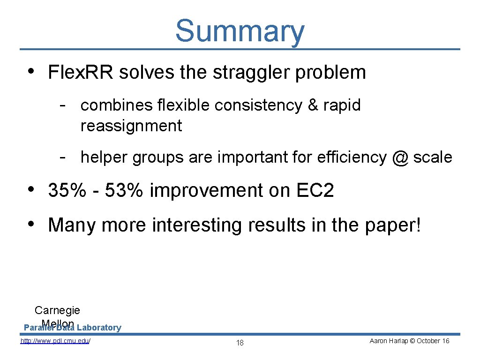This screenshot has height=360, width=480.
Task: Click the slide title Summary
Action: [240, 31]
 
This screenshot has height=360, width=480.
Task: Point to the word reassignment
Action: [131, 126]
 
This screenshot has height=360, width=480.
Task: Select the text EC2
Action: [315, 191]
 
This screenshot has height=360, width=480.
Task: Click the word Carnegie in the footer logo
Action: [57, 310]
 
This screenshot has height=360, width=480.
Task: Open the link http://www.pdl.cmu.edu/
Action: [55, 341]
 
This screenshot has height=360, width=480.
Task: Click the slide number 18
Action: [240, 343]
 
